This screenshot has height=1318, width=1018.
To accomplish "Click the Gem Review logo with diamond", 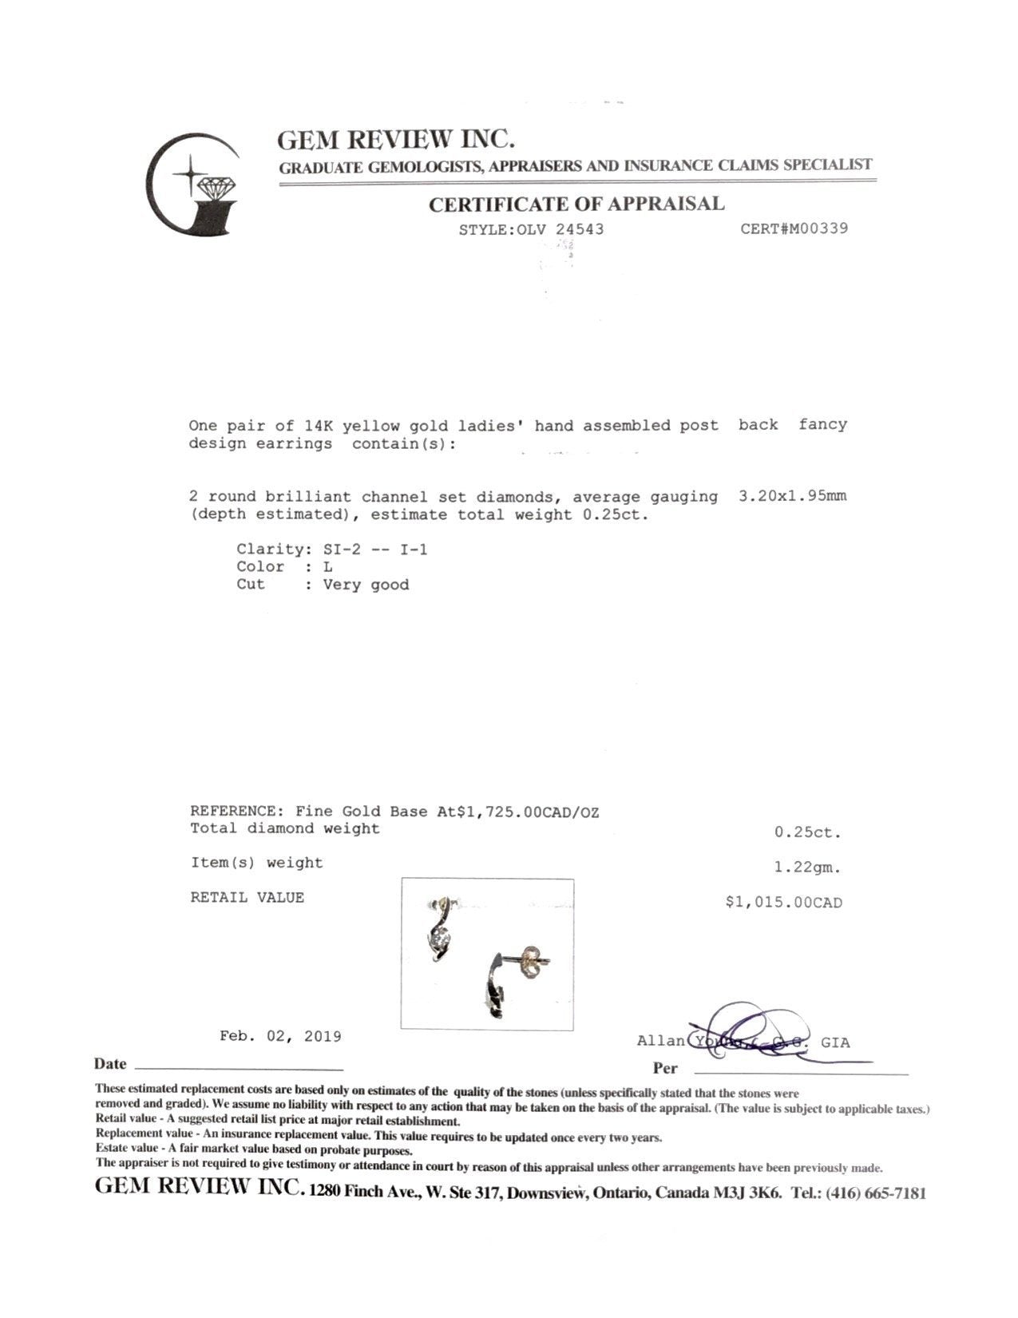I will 192,185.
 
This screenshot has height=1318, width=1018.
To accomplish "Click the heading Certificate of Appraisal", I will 576,204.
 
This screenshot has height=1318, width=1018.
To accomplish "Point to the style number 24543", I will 580,230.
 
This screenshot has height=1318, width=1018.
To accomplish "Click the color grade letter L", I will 328,567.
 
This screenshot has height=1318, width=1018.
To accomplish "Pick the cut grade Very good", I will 366,586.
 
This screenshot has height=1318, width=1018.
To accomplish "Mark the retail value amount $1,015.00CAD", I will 783,903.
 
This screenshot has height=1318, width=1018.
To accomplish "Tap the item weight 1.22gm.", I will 807,867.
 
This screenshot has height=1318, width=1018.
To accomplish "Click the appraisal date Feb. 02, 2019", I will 280,1037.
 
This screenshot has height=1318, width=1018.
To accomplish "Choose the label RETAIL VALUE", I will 247,898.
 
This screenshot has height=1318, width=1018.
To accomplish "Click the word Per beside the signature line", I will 664,1069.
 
